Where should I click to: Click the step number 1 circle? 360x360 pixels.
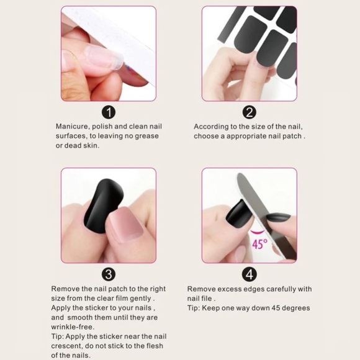click(109, 112)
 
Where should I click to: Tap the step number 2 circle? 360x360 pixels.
click(250, 112)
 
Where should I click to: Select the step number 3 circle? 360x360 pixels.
click(109, 274)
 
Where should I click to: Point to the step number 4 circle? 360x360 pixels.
click(250, 274)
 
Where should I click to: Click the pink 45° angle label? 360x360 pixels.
click(260, 244)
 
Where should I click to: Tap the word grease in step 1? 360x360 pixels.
click(146, 136)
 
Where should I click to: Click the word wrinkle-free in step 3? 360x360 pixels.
click(73, 327)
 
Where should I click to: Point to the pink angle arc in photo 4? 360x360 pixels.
click(257, 232)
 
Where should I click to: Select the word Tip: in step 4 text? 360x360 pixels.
click(194, 308)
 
